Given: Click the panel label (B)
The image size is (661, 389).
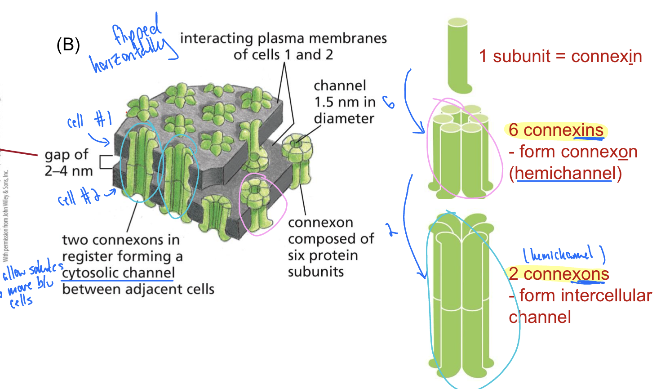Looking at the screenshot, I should click(68, 45).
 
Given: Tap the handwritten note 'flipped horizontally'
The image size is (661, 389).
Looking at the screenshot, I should click(133, 45).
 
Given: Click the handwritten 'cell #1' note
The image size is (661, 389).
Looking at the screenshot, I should click(89, 121).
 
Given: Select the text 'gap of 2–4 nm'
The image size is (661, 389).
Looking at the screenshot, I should click(68, 162).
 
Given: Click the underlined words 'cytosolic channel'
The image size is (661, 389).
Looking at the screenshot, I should click(119, 273).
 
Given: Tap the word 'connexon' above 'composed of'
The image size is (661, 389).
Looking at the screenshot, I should click(320, 223).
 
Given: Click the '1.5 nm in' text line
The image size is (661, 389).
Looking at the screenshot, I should click(345, 102).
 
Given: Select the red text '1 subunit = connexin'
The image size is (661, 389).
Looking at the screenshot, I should click(560, 57).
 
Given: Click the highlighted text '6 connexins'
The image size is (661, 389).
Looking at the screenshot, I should click(556, 130).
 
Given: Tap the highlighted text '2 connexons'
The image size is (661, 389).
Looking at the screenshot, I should click(559, 274).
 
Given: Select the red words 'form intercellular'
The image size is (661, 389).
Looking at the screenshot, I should click(585, 295).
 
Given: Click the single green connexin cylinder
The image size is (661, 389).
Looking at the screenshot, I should click(458, 54).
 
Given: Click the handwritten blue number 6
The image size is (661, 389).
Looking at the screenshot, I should click(389, 103).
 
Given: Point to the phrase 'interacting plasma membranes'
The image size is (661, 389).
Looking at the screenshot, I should click(283, 38).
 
